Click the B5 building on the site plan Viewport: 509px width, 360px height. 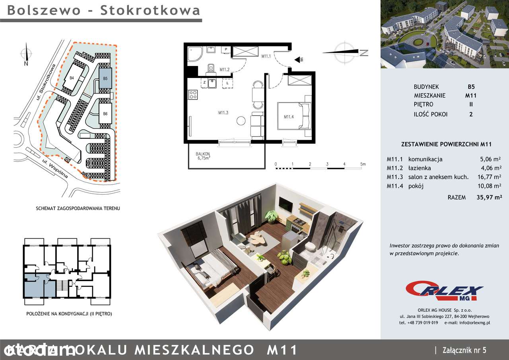tap(105, 78)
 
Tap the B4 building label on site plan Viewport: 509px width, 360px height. tap(72, 78)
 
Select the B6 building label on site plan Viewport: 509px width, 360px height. tap(105, 114)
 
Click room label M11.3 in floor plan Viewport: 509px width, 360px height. tap(223, 113)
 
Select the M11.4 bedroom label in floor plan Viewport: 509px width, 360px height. tap(289, 117)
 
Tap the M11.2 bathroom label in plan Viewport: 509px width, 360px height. tap(225, 70)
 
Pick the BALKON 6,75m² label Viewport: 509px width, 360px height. tap(203, 156)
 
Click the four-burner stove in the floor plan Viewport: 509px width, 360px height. tap(193, 95)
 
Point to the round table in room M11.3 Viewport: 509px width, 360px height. tap(241, 121)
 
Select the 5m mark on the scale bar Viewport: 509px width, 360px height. tap(363, 164)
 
